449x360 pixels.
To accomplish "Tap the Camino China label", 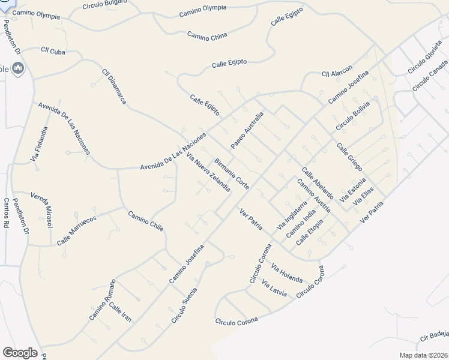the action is coord(207,37).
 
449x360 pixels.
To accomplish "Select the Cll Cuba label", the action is coord(52,50).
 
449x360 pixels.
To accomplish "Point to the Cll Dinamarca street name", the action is coord(114,86).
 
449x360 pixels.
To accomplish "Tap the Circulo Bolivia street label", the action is coord(353,116).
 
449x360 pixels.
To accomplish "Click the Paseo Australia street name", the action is coord(247,130).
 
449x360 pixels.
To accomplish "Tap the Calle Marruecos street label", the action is coord(77,230).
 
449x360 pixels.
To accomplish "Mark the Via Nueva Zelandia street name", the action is coord(208,172).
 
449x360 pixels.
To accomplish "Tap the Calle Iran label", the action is coord(119,311).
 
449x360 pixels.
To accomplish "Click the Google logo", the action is coord(20,353).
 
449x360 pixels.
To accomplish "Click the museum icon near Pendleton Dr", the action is coord(17,69).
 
